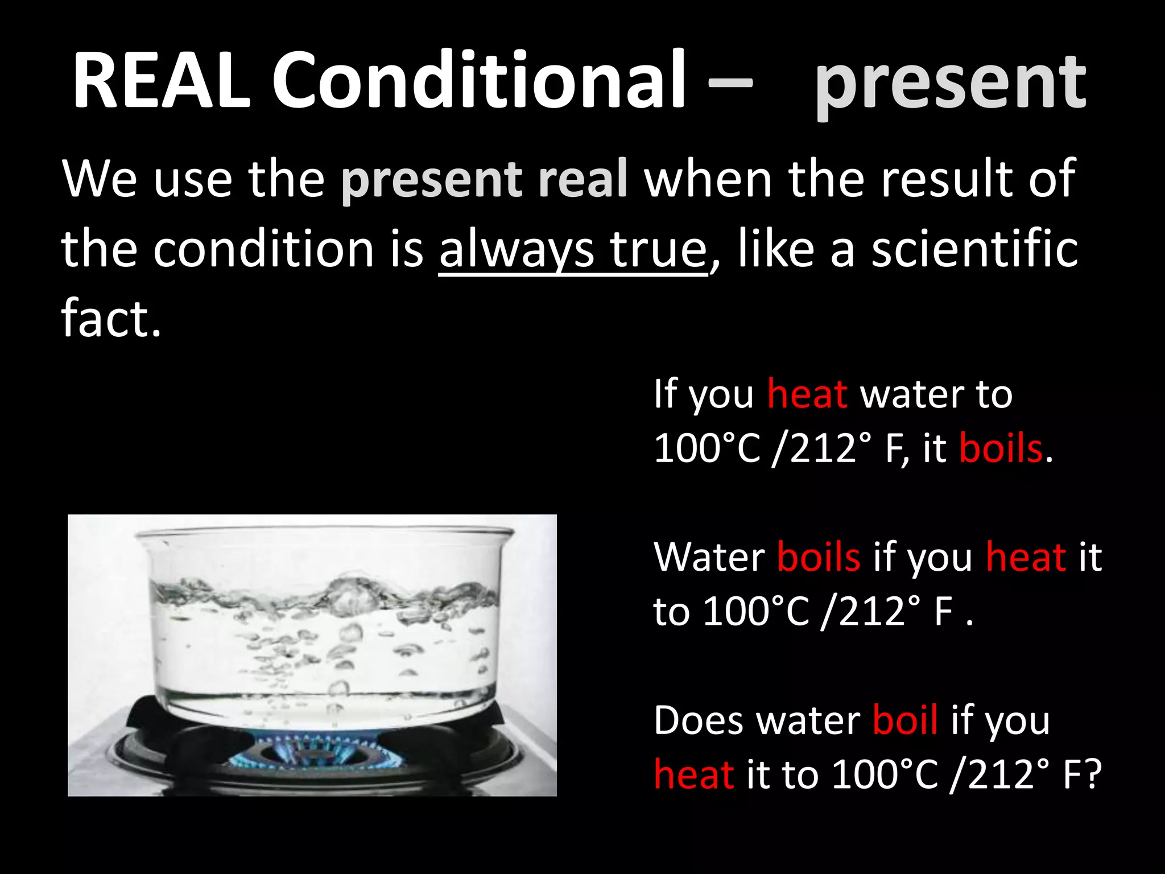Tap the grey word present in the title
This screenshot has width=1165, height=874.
pos(950,83)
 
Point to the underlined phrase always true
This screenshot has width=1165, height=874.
pos(572,250)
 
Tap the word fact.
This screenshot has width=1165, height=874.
pos(110,319)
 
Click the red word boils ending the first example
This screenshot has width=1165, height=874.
pos(1001,448)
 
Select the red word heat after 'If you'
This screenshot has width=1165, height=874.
pos(807,394)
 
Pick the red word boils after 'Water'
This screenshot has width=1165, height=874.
pos(818,557)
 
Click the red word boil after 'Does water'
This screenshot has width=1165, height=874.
pos(904,721)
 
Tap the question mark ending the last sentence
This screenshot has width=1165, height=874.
pos(1093,775)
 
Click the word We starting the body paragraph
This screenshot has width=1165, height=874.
pos(100,179)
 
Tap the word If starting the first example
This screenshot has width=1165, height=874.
pos(665,394)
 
